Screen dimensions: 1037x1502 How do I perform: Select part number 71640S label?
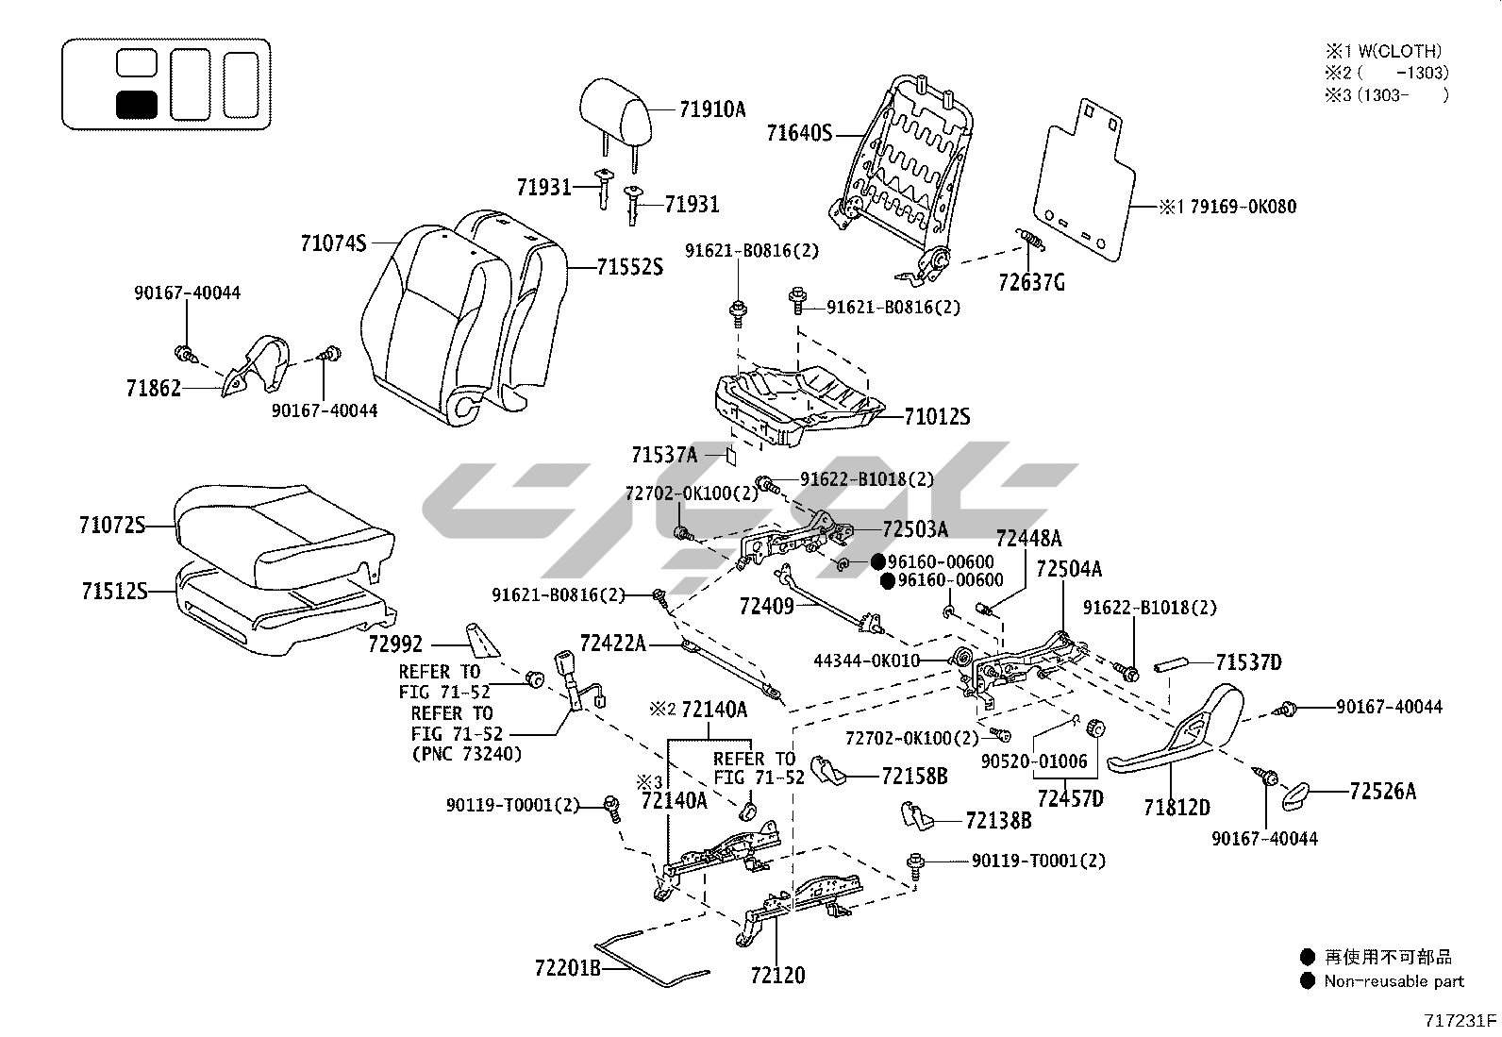(x=798, y=133)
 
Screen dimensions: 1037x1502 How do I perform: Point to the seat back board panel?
(x=1085, y=179)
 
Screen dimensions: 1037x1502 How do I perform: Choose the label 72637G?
(x=1031, y=282)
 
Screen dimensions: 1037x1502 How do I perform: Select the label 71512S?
(x=114, y=592)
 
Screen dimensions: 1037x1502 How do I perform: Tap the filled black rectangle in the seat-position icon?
(x=136, y=104)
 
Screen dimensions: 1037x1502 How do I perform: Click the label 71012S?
(x=937, y=417)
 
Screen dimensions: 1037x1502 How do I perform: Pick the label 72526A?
(x=1382, y=792)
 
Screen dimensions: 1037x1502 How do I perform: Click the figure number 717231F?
(x=1460, y=1020)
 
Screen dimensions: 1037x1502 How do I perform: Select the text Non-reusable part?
(x=1394, y=981)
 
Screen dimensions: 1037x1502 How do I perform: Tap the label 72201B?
(x=567, y=968)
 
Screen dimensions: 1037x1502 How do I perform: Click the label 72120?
(x=778, y=976)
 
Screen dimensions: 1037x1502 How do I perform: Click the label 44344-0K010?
(x=866, y=661)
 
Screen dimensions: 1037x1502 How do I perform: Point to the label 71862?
(x=153, y=388)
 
